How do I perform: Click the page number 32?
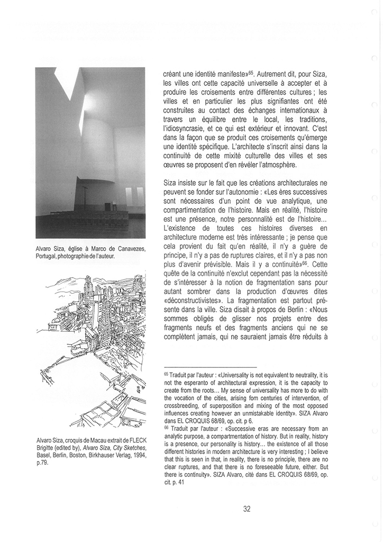(x=247, y=509)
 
